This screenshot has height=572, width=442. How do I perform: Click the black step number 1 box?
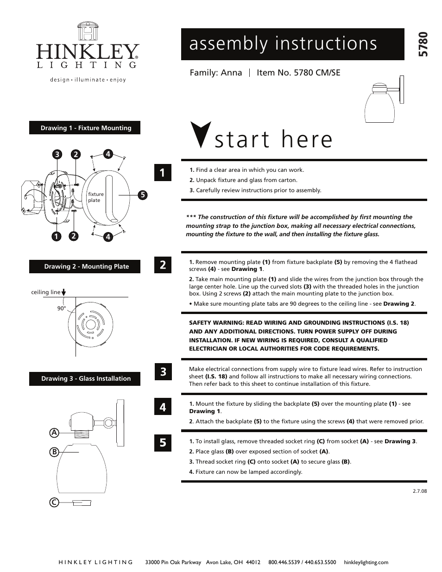tap(163, 173)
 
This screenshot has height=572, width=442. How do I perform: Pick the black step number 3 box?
tap(163, 371)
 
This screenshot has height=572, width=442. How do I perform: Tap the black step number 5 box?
tap(163, 442)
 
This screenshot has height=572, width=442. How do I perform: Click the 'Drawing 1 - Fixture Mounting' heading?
tap(85, 128)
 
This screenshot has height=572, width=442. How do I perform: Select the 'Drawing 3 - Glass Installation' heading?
tap(85, 378)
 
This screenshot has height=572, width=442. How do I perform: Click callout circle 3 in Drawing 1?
tap(57, 155)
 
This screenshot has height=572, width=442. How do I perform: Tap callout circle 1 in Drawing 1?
tap(57, 236)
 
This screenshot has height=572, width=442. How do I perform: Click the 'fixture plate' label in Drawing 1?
tap(96, 197)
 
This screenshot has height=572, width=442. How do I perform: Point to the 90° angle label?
tap(62, 308)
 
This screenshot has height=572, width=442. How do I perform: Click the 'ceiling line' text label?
tap(45, 292)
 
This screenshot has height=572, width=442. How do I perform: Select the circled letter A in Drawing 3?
tap(54, 433)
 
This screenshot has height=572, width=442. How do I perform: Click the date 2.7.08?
tap(419, 491)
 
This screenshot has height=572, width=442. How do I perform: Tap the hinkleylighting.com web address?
tap(366, 562)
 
